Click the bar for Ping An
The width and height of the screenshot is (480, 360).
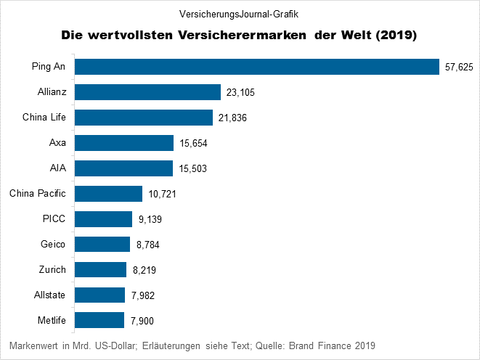(257, 67)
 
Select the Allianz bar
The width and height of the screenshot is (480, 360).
(148, 92)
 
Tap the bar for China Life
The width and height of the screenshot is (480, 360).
(144, 118)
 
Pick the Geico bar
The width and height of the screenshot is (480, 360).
(102, 245)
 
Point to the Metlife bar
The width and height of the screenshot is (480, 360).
(99, 320)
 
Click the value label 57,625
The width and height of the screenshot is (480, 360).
(458, 67)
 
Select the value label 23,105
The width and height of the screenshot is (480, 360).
(240, 93)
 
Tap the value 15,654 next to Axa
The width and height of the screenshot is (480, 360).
(192, 144)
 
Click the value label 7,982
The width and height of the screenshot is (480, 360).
(142, 296)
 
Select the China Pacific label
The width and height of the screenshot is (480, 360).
(38, 193)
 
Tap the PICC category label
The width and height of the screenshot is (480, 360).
(54, 218)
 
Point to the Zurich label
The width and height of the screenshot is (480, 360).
(52, 269)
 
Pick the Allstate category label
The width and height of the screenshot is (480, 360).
(50, 295)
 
